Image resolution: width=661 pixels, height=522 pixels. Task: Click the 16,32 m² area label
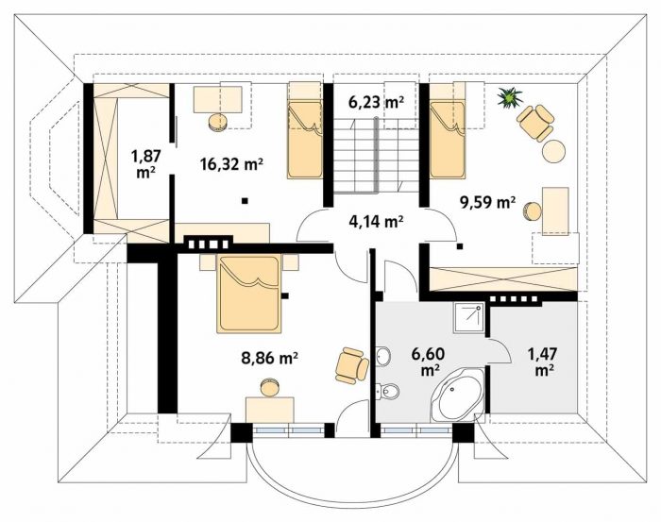click(232, 164)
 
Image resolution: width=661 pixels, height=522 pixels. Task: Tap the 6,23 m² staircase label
click(377, 102)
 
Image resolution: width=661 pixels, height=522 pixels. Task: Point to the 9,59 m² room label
click(487, 203)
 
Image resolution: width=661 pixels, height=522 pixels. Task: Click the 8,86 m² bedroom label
click(270, 358)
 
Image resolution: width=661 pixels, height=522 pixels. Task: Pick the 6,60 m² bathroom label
click(429, 362)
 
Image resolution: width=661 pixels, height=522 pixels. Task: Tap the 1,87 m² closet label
click(146, 164)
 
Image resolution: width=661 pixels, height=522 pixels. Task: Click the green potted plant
click(510, 98)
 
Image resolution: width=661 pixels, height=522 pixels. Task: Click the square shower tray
click(468, 318)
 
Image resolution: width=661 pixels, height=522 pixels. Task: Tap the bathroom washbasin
click(383, 357)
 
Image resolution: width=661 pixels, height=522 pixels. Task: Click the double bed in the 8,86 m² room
click(248, 294)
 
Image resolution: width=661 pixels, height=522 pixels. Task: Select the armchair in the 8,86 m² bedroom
click(352, 365)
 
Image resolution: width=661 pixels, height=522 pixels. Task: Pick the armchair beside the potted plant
click(535, 123)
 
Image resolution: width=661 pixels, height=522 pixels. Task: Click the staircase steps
click(377, 156)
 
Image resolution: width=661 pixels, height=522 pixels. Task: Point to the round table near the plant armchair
click(553, 151)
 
